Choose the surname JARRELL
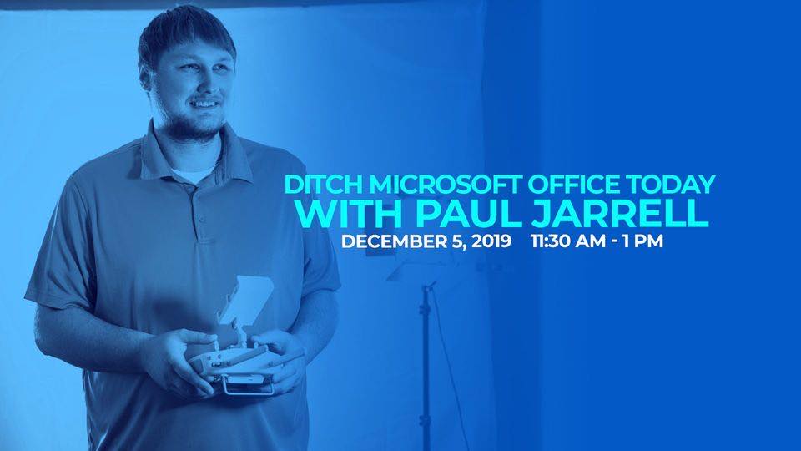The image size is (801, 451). [x=620, y=214]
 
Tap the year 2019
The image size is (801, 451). [x=491, y=241]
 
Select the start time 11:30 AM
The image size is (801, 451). [x=568, y=241]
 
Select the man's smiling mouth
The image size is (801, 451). [x=205, y=104]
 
